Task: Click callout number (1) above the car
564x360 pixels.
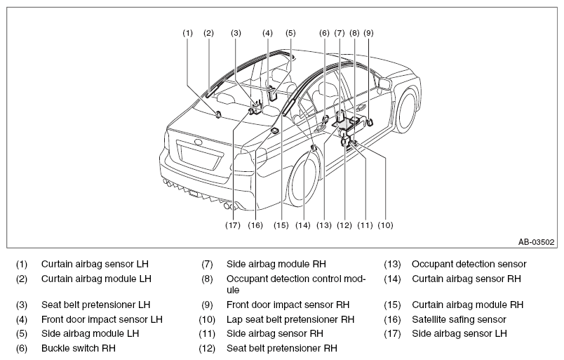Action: (188, 33)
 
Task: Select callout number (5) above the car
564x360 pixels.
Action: (290, 33)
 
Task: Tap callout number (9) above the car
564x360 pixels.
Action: (369, 33)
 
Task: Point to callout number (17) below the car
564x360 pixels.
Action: (233, 225)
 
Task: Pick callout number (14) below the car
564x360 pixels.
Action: (303, 225)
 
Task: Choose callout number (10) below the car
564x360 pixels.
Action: (385, 225)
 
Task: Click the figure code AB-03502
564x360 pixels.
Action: (537, 242)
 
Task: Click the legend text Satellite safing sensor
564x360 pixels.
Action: (459, 319)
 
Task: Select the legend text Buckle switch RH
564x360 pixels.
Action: (79, 348)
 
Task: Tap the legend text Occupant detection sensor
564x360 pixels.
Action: (469, 265)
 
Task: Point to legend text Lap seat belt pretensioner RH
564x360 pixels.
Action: (290, 319)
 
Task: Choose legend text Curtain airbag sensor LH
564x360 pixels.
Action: (95, 265)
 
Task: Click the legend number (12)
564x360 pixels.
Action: (207, 349)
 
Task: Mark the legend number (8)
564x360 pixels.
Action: (207, 279)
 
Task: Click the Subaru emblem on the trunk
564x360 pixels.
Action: (198, 142)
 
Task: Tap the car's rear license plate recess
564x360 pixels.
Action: (200, 154)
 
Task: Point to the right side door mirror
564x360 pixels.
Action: (384, 84)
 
